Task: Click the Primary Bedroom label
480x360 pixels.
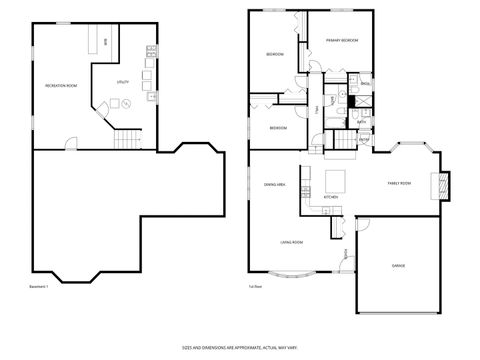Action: point(342,41)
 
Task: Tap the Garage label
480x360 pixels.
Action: point(398,266)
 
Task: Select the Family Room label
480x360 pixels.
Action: point(400,183)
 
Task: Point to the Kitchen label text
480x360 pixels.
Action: point(331,197)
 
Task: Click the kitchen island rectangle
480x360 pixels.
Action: point(335,180)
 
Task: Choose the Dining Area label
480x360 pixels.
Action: point(275,185)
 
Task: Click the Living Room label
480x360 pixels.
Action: point(291,242)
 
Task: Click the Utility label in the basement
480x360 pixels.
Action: point(123,81)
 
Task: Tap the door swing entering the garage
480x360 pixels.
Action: point(363,224)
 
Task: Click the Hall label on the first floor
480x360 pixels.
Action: point(318,107)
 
